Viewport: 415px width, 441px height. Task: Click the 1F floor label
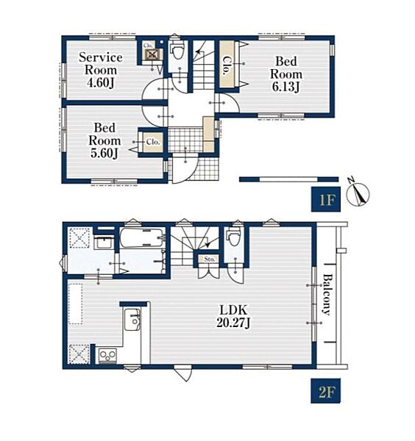326,199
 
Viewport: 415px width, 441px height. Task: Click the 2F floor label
326,391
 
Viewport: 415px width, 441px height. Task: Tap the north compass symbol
358,192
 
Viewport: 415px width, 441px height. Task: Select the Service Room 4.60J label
101,70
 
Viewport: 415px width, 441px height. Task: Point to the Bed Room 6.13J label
286,74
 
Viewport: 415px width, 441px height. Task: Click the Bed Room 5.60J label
104,140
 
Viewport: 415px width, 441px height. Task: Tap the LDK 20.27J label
233,316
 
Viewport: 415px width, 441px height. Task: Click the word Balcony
327,294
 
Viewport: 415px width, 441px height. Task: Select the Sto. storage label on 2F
210,259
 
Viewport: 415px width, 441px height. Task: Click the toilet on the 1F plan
177,49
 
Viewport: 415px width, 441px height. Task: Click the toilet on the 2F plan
233,237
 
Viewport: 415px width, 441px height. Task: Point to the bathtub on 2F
142,237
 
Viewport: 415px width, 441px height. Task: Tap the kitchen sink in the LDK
132,320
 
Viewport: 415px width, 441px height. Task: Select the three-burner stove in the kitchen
107,356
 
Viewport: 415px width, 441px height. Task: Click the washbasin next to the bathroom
104,243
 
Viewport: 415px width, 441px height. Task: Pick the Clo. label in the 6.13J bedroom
227,65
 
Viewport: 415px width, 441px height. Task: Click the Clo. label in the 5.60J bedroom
153,142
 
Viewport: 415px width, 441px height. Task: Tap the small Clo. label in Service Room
148,46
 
